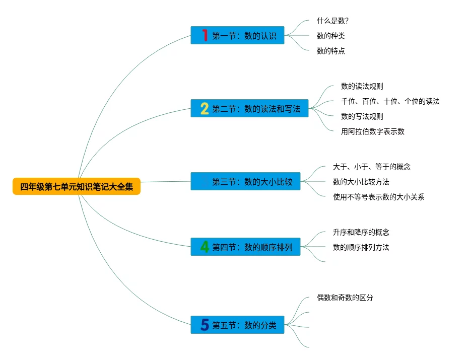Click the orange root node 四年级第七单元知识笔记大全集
tap(77, 187)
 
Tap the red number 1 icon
tap(205, 35)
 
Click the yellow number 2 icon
tap(205, 109)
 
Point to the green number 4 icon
tap(205, 247)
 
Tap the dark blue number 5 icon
tap(205, 325)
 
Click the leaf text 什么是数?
tap(333, 21)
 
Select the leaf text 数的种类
tap(331, 36)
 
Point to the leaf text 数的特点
tap(331, 51)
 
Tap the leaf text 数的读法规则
tap(362, 86)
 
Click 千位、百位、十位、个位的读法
tap(390, 101)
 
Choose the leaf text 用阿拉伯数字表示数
tap(373, 131)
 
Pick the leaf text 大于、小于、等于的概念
tap(372, 167)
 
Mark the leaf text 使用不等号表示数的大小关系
tap(379, 197)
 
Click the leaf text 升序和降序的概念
tap(361, 232)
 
